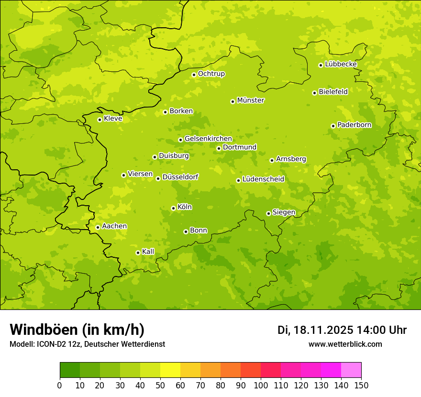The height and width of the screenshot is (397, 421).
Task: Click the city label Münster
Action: point(251,100)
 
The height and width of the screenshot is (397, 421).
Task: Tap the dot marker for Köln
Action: point(173,208)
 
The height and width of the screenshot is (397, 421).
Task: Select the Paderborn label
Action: point(355,125)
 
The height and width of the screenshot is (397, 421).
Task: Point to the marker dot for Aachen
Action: point(98,227)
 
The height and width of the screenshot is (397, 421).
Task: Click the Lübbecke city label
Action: point(341,64)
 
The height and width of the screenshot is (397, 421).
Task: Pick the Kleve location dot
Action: point(100,120)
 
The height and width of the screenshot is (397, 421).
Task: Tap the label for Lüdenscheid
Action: point(263,179)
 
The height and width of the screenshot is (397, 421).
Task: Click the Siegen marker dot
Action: point(268,213)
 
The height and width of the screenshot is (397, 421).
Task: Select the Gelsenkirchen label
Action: point(208,139)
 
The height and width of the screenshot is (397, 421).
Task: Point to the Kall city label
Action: point(148,252)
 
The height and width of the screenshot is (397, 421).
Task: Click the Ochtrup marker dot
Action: point(194,75)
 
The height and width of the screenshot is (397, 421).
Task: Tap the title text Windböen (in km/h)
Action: point(77,330)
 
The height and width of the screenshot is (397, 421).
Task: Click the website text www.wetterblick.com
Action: point(345,344)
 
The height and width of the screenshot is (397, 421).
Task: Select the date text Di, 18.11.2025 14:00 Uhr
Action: point(342,330)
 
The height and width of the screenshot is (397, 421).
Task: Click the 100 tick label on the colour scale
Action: point(261,386)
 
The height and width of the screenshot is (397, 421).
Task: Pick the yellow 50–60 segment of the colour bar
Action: point(170,370)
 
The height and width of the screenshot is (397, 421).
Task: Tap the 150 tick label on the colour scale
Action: point(361,386)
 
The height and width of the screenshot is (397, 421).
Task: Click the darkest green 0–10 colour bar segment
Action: point(70,370)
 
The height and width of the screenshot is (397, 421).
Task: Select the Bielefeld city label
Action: point(333,91)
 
